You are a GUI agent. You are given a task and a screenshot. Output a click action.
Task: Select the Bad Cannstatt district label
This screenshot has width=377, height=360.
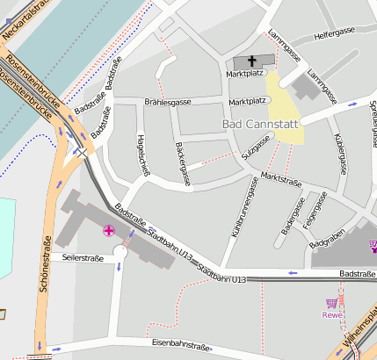tap(261, 126)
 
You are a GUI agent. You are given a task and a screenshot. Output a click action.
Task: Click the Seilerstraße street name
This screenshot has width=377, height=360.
tap(77, 258)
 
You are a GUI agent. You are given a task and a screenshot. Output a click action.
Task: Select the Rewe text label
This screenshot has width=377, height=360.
tap(331, 315)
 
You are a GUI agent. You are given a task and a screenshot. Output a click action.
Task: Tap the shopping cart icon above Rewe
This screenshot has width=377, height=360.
tap(331, 303)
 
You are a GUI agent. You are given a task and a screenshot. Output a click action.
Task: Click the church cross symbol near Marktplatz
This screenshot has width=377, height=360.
tap(253, 61)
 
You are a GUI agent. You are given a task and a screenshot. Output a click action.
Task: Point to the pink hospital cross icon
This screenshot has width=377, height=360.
tap(109, 231)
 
